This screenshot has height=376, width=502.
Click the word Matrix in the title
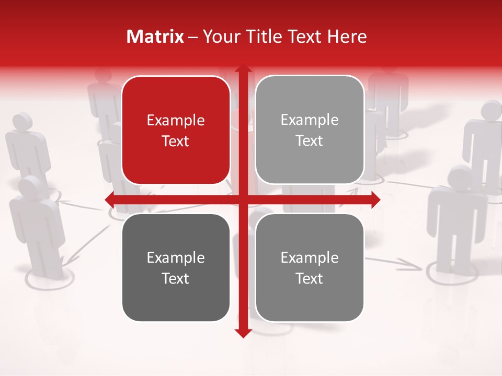[x=155, y=37]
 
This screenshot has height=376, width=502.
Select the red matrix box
[x=176, y=130]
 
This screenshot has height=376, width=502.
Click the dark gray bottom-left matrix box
[x=176, y=267]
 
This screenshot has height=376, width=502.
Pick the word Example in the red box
[x=176, y=121]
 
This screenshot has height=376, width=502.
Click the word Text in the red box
[x=176, y=141]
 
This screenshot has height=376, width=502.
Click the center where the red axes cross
[x=243, y=199]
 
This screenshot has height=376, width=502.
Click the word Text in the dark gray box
[x=176, y=278]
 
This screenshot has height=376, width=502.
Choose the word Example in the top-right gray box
[x=310, y=120]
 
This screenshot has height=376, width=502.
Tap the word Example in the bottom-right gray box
[x=310, y=257]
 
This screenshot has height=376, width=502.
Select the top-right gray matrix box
[x=310, y=130]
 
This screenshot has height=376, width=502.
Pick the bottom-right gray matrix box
[x=310, y=267]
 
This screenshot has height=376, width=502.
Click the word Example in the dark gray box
[x=176, y=257]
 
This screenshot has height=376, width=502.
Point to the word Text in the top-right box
[x=310, y=140]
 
